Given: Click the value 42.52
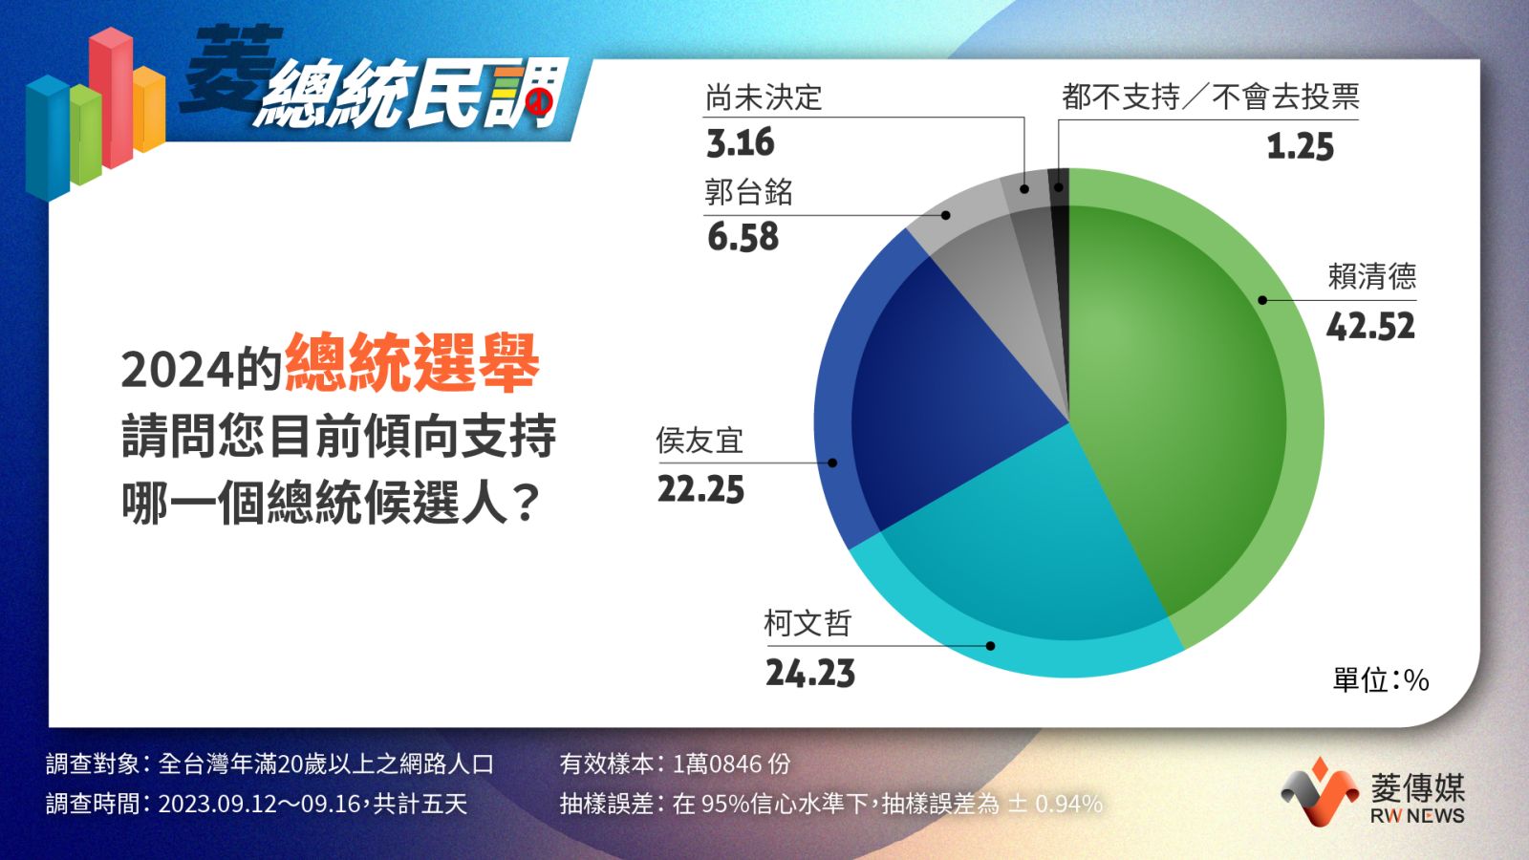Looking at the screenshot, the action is coord(1370,327).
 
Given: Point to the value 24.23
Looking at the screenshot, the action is coord(810,674).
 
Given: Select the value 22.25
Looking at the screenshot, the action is coord(701,490).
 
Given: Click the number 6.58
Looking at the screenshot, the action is coord(743,237).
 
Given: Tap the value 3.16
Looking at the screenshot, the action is coord(741,142).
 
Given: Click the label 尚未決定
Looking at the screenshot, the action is coord(764,97).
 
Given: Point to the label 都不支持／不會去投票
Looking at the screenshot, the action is coord(1210,97).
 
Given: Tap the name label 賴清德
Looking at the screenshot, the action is coord(1371,276).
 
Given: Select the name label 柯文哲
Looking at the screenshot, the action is coord(808,623).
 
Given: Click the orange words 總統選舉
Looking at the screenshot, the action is coord(412,362).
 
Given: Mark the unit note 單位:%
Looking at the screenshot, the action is coord(1381,679).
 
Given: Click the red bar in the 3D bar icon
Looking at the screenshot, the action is coord(111,97).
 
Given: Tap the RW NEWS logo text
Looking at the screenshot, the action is coord(1417,816).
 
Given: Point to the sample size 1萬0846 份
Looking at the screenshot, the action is coord(731,763).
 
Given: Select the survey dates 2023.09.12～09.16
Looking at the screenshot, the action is coord(259,804).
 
